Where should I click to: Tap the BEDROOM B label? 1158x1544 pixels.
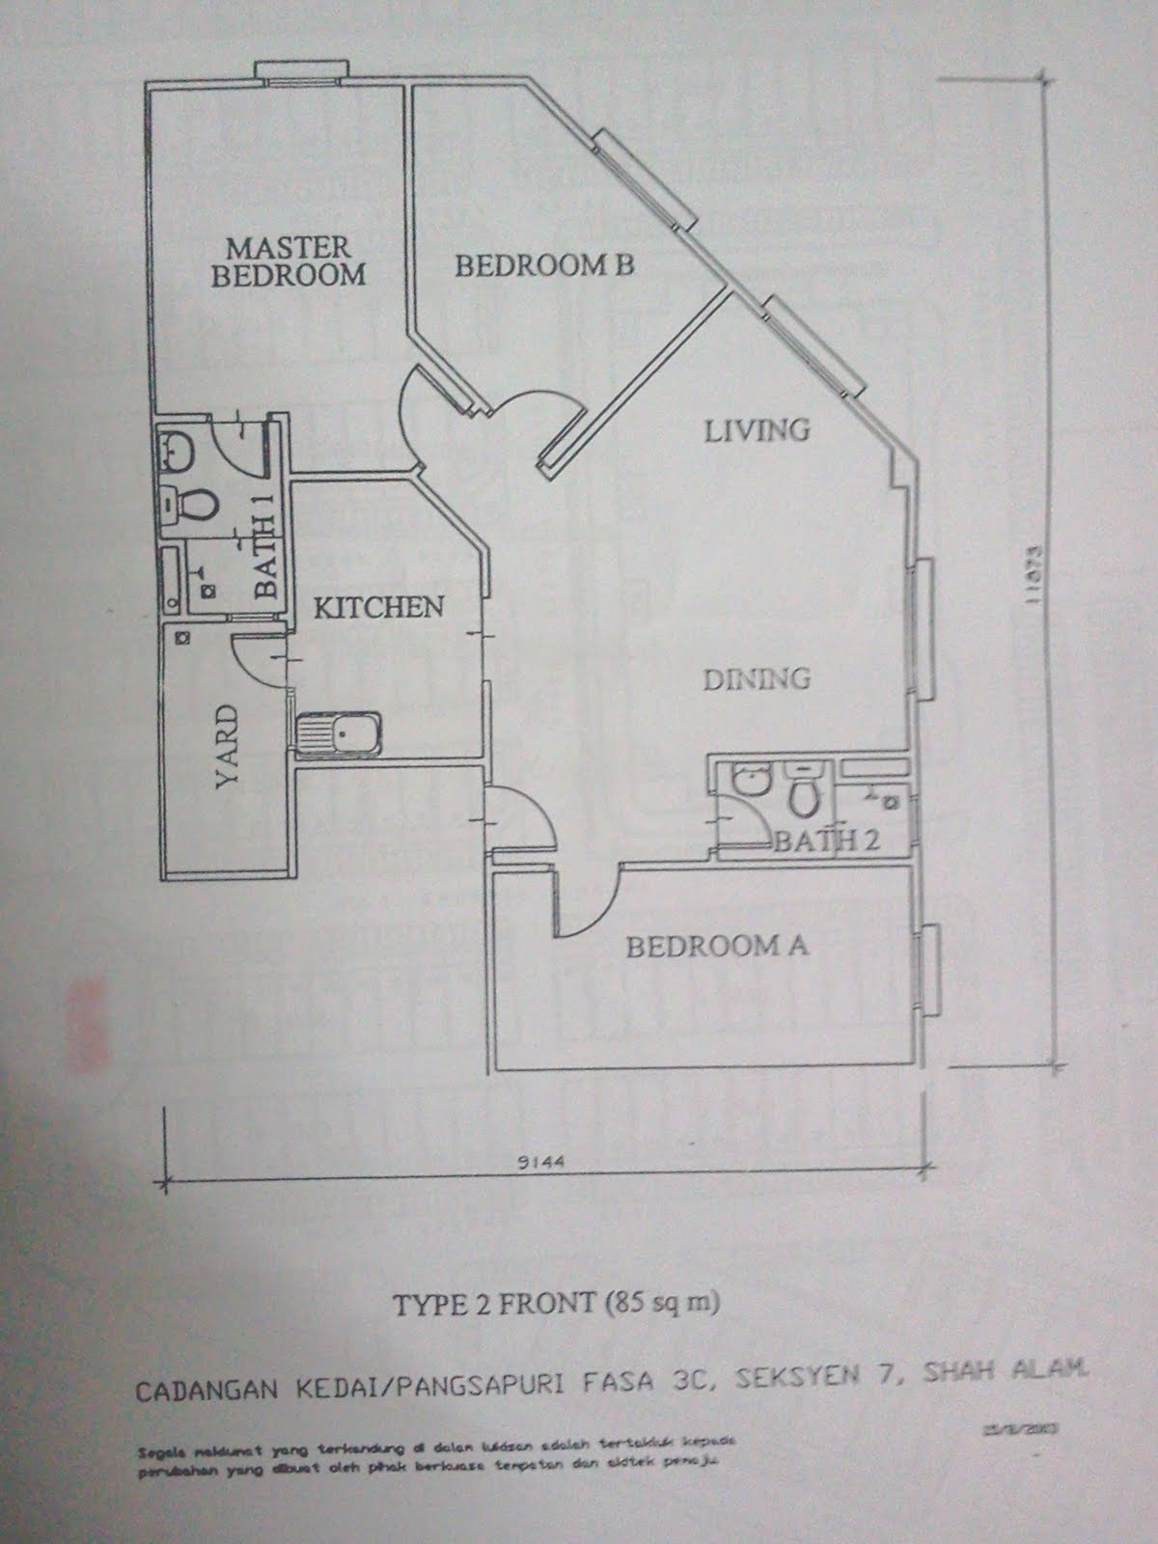pyautogui.click(x=544, y=265)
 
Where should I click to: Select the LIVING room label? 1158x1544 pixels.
pyautogui.click(x=756, y=428)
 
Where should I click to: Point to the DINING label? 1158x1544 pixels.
pyautogui.click(x=756, y=678)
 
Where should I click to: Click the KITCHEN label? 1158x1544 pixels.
pyautogui.click(x=379, y=607)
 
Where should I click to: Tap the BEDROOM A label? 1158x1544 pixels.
pyautogui.click(x=717, y=946)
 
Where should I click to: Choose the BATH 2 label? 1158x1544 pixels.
pyautogui.click(x=827, y=841)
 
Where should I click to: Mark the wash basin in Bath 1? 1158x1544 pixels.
pyautogui.click(x=177, y=450)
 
